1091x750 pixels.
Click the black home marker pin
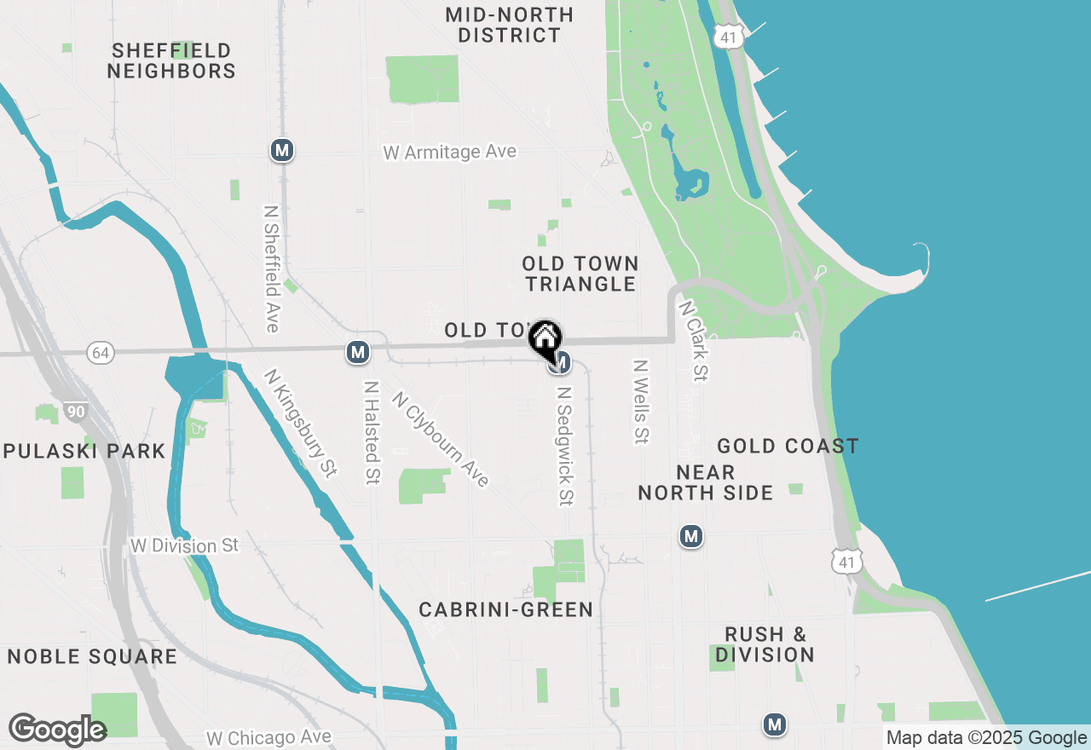545,338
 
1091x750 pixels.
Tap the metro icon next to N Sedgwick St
560,364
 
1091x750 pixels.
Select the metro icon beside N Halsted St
358,352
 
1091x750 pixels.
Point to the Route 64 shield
101,352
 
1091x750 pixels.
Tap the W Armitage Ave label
450,152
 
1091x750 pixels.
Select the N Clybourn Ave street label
441,439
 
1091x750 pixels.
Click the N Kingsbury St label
300,423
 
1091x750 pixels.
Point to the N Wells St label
641,401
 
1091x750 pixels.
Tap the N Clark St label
695,339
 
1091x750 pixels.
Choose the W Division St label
185,545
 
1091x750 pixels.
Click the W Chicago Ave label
268,736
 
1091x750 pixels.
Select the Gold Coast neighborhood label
788,446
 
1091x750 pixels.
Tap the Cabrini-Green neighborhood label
506,609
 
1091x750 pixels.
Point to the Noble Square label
92,656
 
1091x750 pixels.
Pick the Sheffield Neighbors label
171,61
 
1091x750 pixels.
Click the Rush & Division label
765,644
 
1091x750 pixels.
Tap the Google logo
58,730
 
